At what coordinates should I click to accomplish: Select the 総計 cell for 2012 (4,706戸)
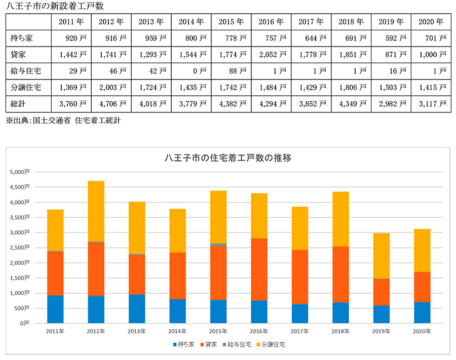click(111, 104)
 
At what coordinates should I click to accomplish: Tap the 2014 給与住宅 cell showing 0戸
click(192, 71)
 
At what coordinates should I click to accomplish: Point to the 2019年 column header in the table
click(391, 22)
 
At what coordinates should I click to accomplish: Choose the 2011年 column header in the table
click(72, 22)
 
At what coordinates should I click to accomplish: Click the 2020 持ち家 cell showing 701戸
click(431, 38)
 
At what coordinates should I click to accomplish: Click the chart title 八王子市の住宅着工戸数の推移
click(228, 158)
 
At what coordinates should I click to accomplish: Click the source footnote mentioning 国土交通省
click(63, 121)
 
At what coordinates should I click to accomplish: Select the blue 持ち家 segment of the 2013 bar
click(137, 308)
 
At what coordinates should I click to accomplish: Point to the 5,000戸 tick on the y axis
click(20, 172)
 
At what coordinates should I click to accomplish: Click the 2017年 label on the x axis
click(300, 331)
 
